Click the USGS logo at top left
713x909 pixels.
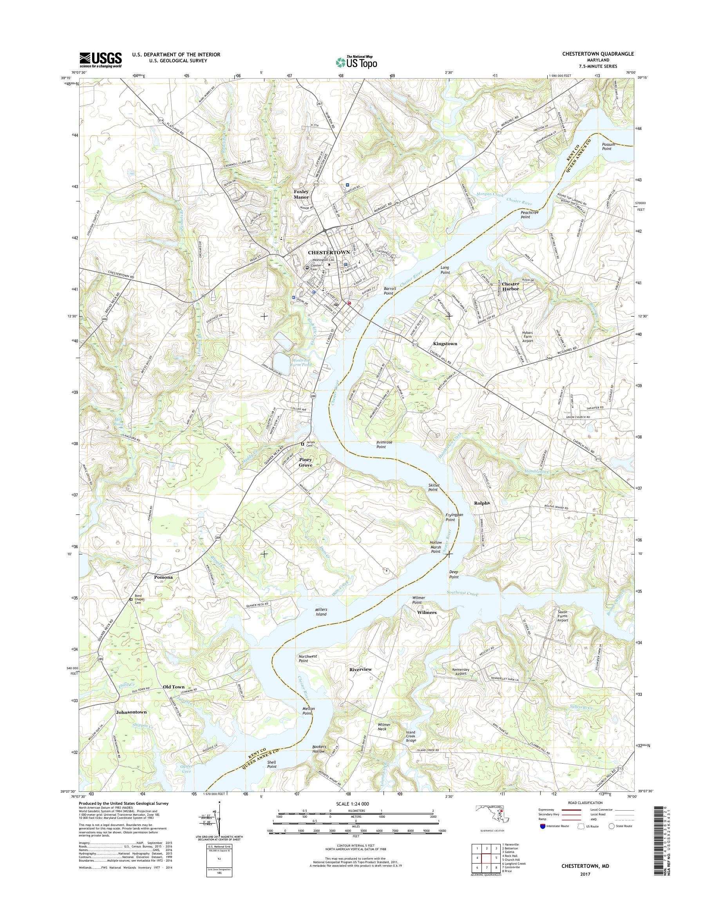pos(101,60)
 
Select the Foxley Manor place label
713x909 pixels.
pos(301,194)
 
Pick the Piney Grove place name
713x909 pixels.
pos(305,462)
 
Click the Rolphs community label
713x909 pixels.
pos(481,503)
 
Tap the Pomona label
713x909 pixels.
pos(163,577)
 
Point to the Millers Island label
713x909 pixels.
pos(320,612)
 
